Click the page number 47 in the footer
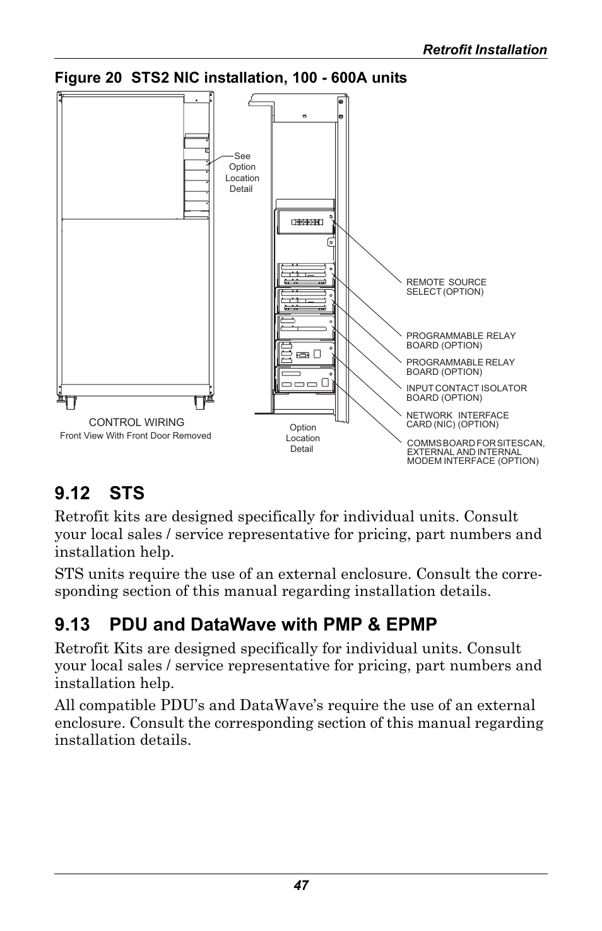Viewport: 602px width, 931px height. (x=300, y=886)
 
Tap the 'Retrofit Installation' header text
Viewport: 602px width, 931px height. (x=485, y=50)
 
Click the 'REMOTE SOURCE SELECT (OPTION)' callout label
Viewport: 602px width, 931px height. (x=446, y=287)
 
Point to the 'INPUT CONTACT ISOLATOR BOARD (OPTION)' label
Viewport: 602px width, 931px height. (x=466, y=393)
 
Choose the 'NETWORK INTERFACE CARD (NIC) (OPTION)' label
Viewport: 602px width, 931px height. (x=457, y=420)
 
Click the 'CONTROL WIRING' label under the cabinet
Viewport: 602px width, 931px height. (x=136, y=422)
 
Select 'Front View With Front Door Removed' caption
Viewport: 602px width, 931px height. (x=136, y=436)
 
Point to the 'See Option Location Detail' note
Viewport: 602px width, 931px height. (x=242, y=172)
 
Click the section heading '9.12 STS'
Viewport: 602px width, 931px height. (x=99, y=492)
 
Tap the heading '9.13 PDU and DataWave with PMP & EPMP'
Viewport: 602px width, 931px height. (x=245, y=624)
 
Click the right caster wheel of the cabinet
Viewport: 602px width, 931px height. (x=200, y=401)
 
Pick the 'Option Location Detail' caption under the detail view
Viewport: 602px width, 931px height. (x=302, y=438)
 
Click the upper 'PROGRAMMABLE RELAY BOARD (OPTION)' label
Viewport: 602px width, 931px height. (x=461, y=341)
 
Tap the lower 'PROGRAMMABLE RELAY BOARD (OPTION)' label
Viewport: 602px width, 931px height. (x=460, y=367)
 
